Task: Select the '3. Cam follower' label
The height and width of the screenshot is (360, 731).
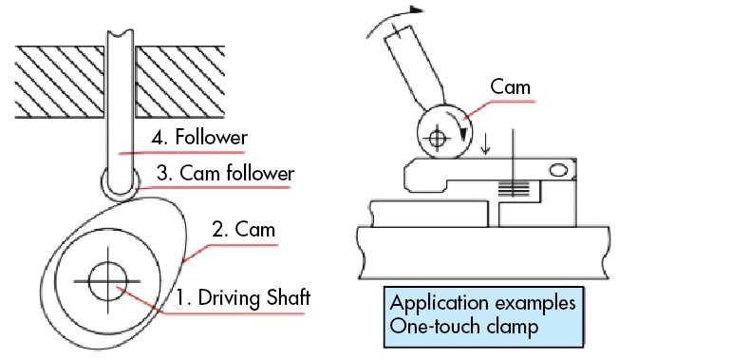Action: click(x=213, y=174)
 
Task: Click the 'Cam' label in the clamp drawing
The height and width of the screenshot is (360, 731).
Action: click(x=510, y=87)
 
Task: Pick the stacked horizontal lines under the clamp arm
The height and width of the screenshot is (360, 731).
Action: click(x=512, y=190)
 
